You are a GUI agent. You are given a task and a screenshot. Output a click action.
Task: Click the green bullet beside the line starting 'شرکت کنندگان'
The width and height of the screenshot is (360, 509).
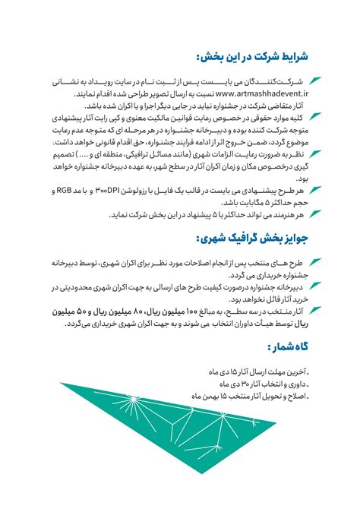coord(315,80)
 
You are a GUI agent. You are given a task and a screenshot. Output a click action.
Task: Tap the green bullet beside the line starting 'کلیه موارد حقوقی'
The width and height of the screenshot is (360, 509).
coord(315,119)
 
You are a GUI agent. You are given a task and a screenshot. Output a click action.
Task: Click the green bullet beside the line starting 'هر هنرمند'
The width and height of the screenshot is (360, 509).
coord(315,216)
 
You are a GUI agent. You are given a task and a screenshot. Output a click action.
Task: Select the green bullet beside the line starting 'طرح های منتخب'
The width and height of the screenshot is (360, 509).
coord(315,262)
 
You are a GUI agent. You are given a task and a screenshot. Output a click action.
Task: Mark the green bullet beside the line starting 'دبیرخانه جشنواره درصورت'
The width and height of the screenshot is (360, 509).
coord(315,287)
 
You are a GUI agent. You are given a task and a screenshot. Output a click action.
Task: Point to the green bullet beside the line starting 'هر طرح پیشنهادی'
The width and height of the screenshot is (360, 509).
coord(315,190)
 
